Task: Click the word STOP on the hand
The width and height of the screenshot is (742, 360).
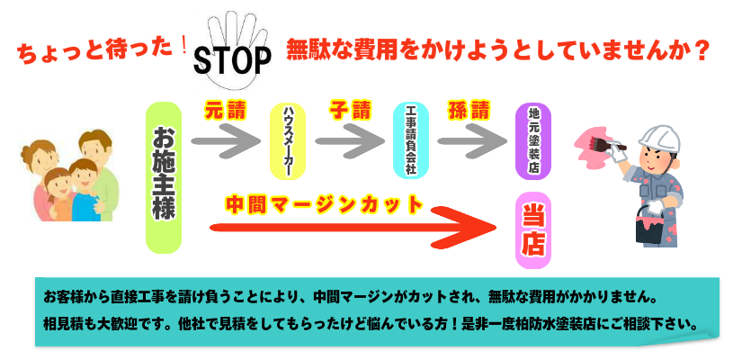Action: pyautogui.click(x=233, y=59)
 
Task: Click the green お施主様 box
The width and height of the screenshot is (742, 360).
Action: pyautogui.click(x=165, y=176)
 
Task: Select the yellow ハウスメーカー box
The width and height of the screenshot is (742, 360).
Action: pyautogui.click(x=289, y=140)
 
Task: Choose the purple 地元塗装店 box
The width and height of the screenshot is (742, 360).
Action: pyautogui.click(x=533, y=139)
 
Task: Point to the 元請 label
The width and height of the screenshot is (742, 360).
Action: pyautogui.click(x=224, y=111)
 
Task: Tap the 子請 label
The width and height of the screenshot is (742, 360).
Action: pyautogui.click(x=349, y=111)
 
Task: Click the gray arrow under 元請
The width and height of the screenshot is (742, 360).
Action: pyautogui.click(x=225, y=140)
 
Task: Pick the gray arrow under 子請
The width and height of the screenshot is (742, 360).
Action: pyautogui.click(x=349, y=140)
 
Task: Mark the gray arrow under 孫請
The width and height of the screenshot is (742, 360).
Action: pyautogui.click(x=469, y=140)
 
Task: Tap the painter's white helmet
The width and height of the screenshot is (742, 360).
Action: pyautogui.click(x=658, y=134)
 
